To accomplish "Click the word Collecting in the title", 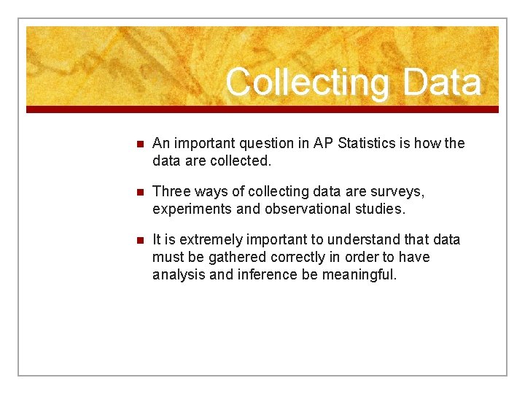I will pos(307,82).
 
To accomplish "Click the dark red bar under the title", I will pos(262,109).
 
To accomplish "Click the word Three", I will pos(171,191).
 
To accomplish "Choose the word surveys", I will pos(399,191).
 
